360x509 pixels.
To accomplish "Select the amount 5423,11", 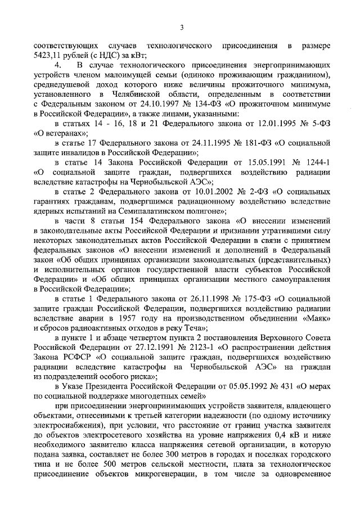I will click(x=48, y=55).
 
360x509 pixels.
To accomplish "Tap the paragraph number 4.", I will click(x=57, y=66).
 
